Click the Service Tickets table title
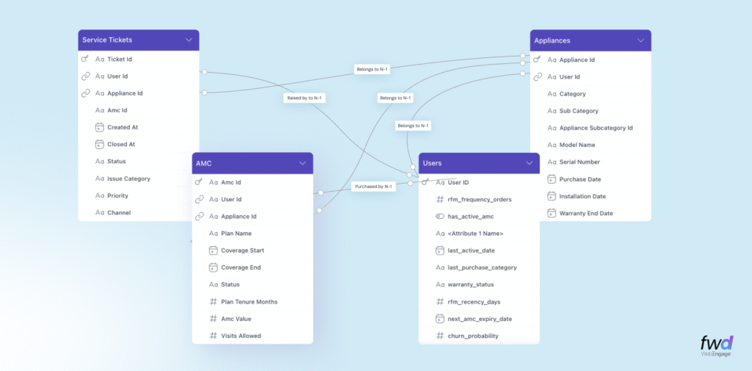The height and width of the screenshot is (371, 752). [x=107, y=40]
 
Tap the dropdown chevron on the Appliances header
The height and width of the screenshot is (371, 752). [x=640, y=40]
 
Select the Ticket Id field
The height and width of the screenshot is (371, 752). [x=119, y=59]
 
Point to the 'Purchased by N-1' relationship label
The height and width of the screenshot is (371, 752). [x=373, y=187]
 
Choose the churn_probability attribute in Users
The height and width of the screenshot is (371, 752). [x=473, y=336]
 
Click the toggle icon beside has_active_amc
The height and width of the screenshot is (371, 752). [x=440, y=217]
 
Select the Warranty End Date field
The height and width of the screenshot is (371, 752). [x=585, y=213]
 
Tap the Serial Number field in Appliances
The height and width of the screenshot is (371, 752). [x=579, y=162]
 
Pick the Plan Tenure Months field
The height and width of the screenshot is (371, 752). [x=249, y=301]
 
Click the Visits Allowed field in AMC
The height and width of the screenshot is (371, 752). [x=241, y=336]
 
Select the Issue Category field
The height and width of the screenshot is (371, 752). [x=129, y=179]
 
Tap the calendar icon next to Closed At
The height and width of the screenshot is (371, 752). [x=99, y=144]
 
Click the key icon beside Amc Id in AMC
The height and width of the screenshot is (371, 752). [x=199, y=182]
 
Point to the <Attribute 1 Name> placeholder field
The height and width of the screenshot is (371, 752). [x=475, y=234]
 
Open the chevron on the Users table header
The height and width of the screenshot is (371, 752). [x=529, y=162]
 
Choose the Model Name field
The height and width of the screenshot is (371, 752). [x=577, y=145]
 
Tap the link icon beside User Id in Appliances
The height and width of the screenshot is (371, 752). [x=538, y=76]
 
